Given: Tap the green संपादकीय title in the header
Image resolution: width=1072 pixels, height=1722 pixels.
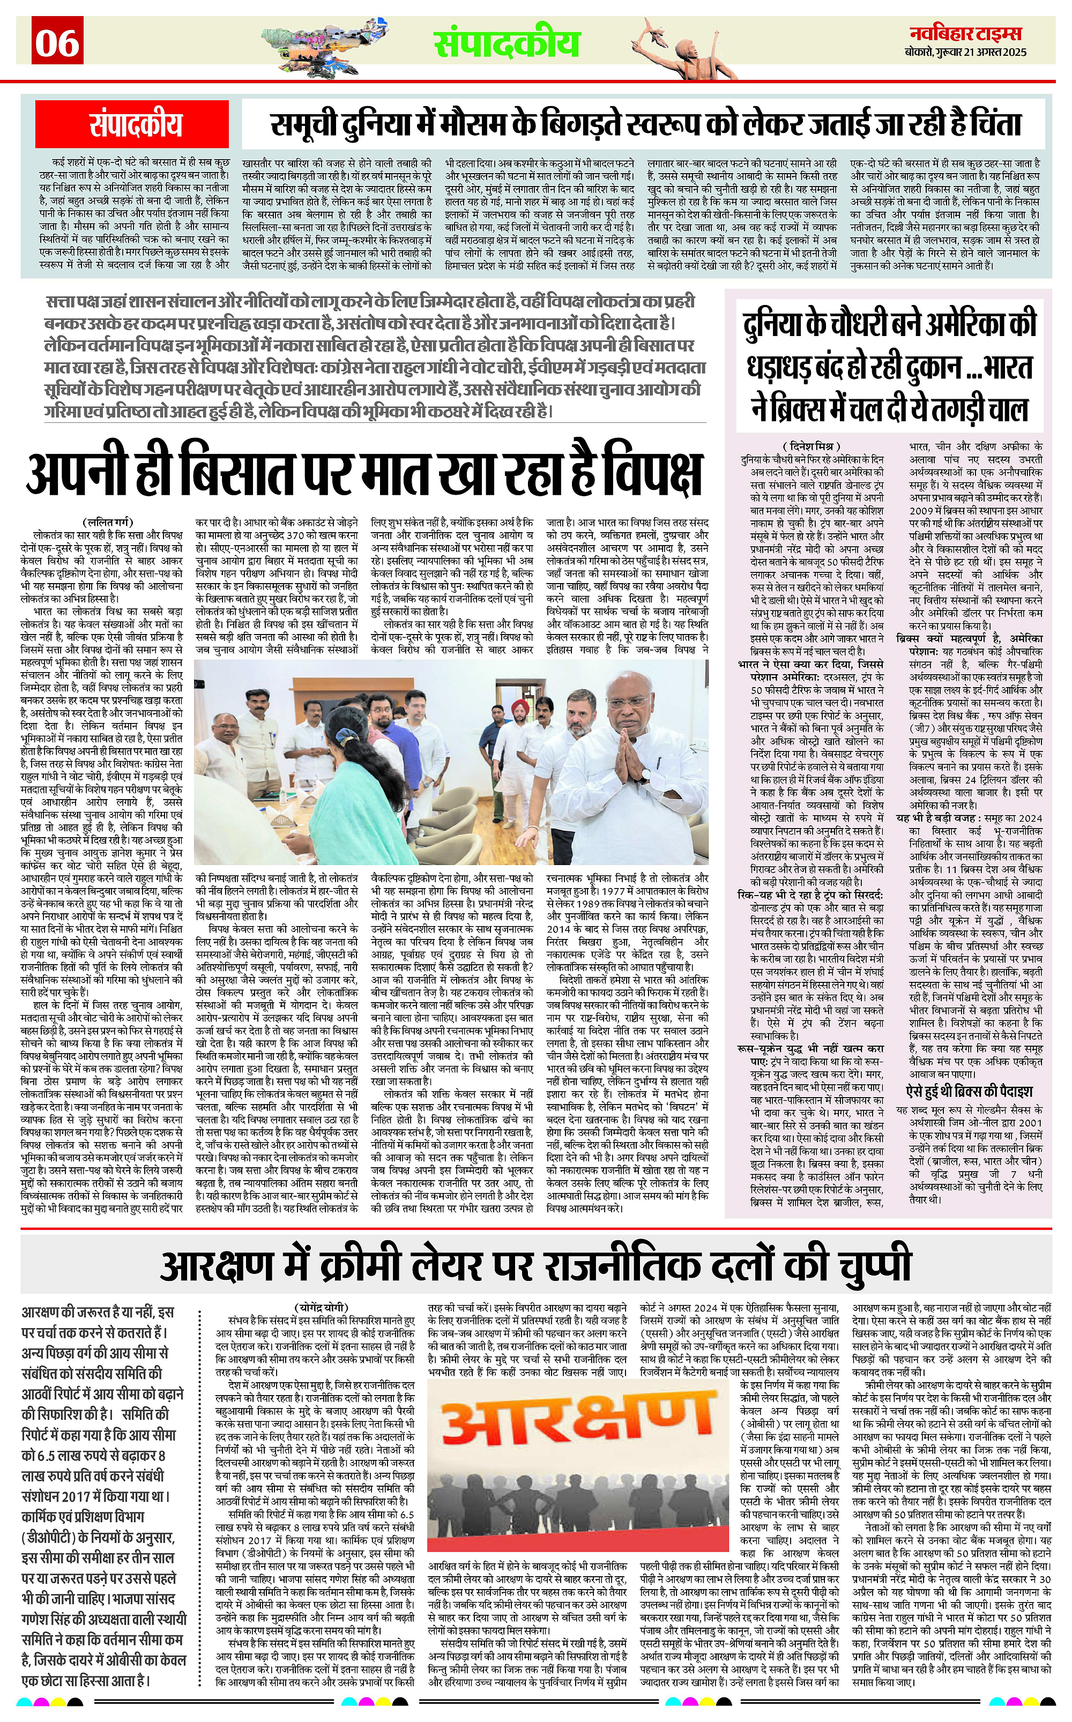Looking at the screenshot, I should pyautogui.click(x=507, y=42).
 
